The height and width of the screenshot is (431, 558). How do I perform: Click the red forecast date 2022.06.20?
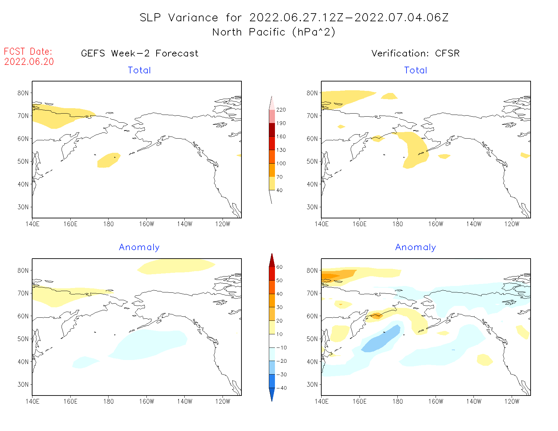29,62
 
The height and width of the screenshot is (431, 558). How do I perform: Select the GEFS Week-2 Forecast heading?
140,53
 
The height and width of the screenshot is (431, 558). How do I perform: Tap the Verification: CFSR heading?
415,53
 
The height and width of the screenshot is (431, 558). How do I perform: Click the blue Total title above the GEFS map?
139,70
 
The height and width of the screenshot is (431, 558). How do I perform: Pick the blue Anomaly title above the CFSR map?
415,247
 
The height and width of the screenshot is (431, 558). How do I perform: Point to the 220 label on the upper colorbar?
281,110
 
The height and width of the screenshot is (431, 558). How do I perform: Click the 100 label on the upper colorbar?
281,163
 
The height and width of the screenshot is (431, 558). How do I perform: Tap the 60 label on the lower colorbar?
279,267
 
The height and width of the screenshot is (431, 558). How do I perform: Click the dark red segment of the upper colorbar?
272,130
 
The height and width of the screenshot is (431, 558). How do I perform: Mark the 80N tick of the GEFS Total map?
23,93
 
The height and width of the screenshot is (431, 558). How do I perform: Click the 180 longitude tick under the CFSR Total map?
397,224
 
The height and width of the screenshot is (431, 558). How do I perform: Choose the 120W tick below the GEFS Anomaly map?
223,401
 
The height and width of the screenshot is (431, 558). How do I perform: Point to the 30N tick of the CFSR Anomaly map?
312,384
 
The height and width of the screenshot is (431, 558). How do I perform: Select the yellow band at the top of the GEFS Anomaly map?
176,266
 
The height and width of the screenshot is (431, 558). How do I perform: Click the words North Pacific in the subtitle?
249,32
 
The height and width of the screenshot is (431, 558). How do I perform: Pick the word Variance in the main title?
193,18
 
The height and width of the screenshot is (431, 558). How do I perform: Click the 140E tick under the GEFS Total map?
32,224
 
